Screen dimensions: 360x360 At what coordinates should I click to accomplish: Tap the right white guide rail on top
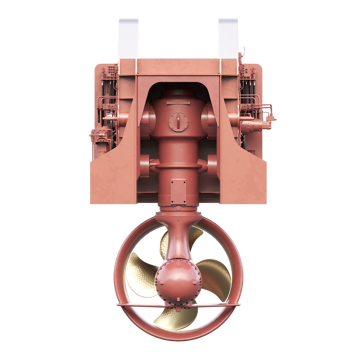pos(230,37)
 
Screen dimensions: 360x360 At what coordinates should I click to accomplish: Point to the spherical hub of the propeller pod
pos(180,273)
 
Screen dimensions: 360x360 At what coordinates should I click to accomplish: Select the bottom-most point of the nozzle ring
pos(180,343)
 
